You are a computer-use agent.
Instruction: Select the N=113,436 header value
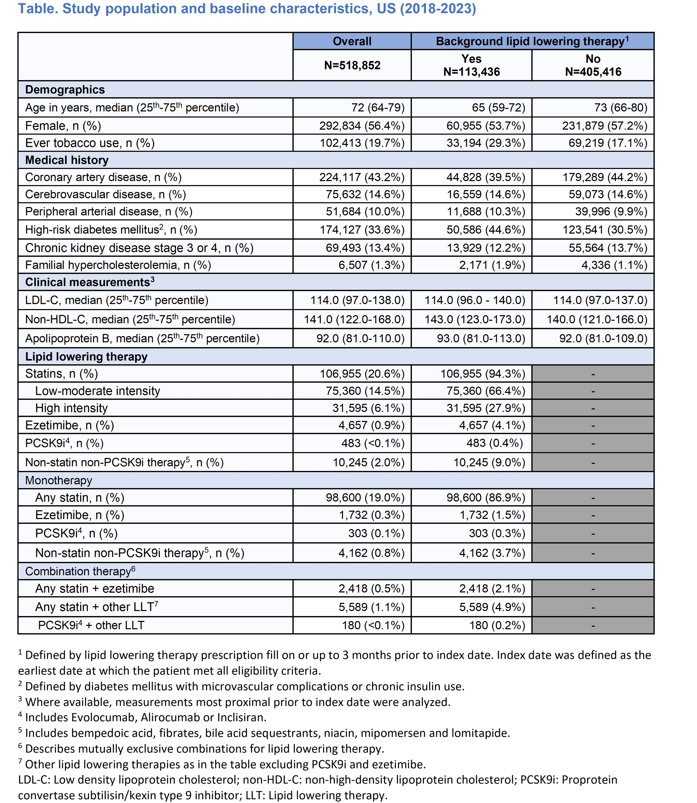point(471,72)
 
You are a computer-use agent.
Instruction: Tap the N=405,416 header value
point(593,72)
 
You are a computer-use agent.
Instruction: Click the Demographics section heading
point(65,90)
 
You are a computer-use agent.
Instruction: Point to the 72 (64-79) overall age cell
point(378,108)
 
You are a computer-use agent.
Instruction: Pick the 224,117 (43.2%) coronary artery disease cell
point(362,177)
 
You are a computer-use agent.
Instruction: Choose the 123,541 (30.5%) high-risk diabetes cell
point(605,230)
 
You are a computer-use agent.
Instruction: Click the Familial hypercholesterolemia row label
point(118,265)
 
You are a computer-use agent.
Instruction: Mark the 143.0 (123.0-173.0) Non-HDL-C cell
point(475,320)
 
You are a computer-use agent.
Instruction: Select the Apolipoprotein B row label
point(142,338)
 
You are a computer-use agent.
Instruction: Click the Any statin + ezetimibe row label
point(94,589)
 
